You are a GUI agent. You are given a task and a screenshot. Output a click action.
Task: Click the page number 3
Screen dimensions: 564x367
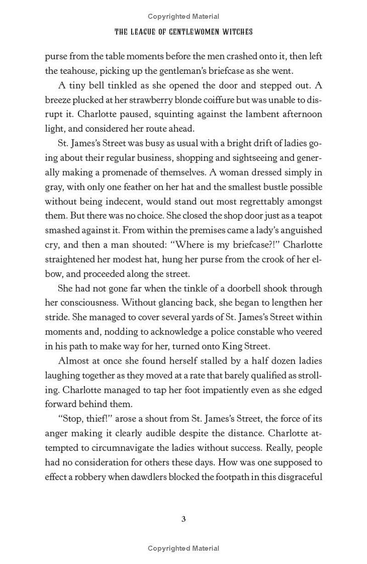(183, 519)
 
